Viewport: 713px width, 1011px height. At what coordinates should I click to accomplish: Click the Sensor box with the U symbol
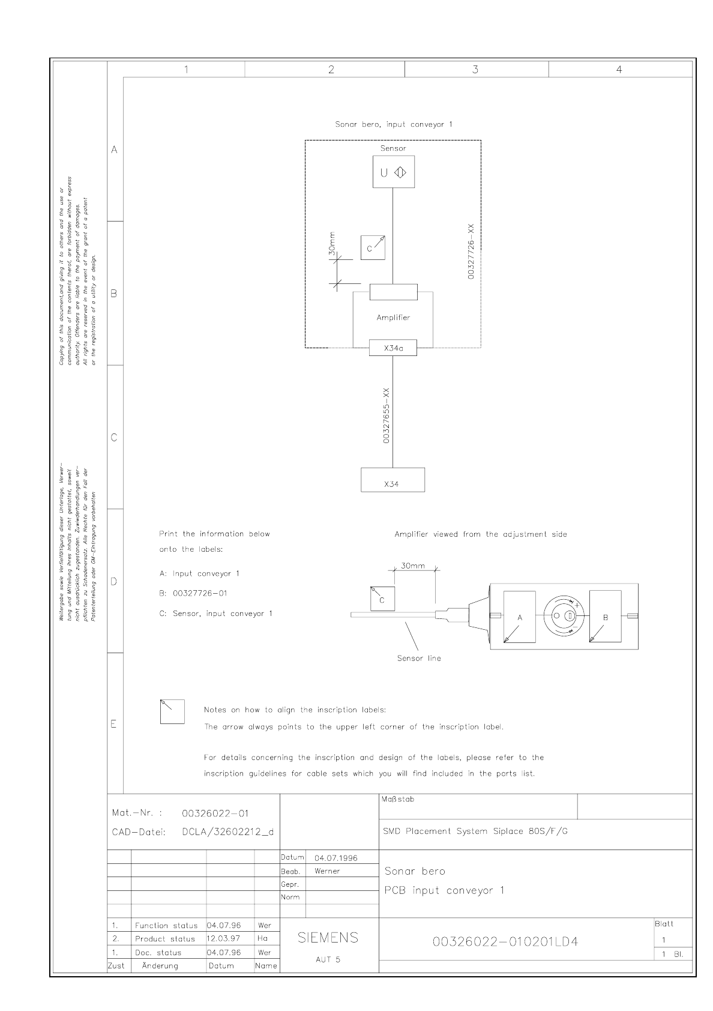393,172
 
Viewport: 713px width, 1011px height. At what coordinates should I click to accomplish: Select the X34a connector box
393,348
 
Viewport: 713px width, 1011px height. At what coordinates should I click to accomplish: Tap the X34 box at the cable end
393,480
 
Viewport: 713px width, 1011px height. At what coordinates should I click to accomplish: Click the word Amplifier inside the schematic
393,318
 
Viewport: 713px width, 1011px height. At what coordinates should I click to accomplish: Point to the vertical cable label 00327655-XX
387,415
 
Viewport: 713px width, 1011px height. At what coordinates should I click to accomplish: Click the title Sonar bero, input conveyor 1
393,124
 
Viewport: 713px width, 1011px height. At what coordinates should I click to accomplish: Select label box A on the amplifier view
519,617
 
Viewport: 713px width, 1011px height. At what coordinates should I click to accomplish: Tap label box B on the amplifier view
605,617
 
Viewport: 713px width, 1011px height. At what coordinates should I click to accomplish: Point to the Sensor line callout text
419,658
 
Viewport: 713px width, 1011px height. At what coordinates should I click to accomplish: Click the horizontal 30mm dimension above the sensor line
413,566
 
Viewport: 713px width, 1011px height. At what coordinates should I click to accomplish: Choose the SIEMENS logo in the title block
328,938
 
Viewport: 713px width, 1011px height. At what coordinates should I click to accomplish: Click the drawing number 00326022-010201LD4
505,942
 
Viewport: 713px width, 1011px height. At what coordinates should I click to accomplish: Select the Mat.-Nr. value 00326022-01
215,813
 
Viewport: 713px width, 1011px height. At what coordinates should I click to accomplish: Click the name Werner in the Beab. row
327,871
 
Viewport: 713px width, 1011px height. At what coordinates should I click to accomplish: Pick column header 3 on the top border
475,70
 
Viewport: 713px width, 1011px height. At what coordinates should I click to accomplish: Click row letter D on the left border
114,581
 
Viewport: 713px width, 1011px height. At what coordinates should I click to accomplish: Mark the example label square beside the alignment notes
172,711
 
